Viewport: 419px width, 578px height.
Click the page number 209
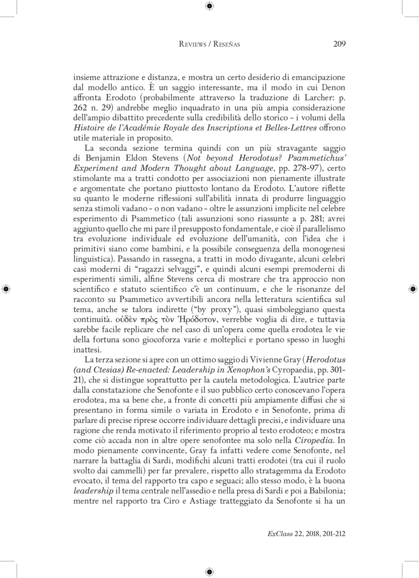[339, 44]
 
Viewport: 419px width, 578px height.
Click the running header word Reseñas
[226, 45]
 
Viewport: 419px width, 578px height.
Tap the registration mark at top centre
[209, 6]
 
